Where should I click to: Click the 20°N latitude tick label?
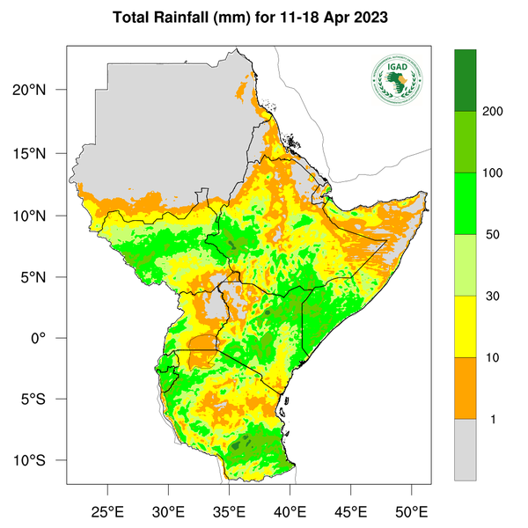point(40,90)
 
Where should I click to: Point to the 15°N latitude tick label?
point(40,153)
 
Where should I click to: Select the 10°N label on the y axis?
point(40,215)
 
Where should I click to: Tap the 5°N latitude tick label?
point(44,276)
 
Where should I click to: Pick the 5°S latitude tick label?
point(44,400)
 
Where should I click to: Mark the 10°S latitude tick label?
point(40,461)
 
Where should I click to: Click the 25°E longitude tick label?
point(108,510)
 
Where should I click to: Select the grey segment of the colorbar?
point(465,449)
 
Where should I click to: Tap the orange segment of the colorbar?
point(465,388)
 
